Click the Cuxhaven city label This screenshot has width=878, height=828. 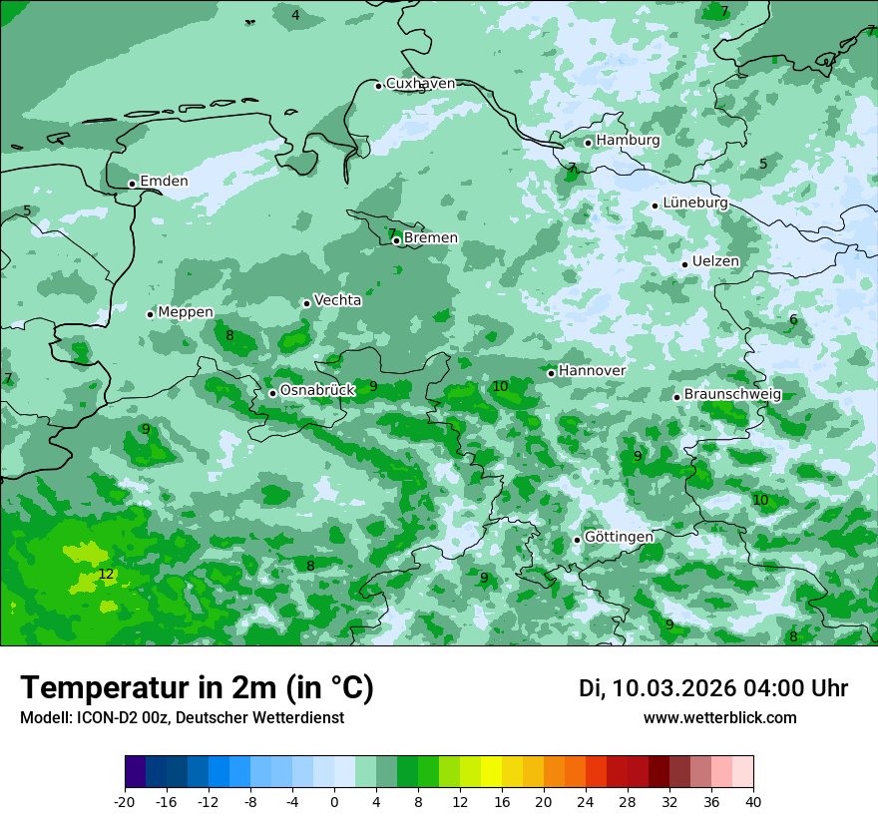(420, 84)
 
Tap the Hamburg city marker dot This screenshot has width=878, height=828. (588, 143)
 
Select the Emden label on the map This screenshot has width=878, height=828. (164, 182)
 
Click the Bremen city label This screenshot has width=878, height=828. (431, 238)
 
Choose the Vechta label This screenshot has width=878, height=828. (338, 300)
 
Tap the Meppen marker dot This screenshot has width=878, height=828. (151, 314)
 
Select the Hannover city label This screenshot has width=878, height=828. (593, 371)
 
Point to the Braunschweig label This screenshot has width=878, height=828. (732, 395)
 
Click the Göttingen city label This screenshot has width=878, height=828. (619, 538)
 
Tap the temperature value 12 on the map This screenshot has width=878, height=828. (106, 575)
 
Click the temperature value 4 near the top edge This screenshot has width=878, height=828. (295, 15)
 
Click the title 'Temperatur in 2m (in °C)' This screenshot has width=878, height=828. (198, 688)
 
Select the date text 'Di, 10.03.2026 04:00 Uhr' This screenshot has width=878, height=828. (713, 688)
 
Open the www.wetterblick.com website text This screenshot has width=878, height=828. (720, 718)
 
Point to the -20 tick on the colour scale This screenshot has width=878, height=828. (125, 802)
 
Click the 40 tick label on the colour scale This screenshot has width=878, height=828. (752, 802)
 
